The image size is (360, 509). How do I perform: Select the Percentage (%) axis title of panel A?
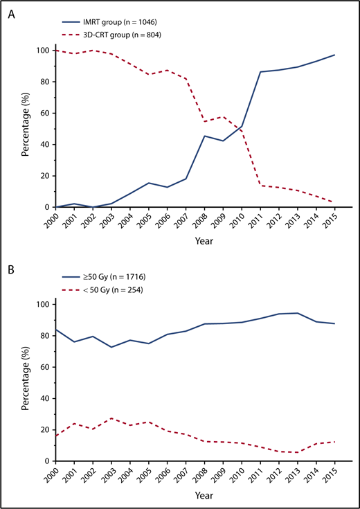coord(25,129)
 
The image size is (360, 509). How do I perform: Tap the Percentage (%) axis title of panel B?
coord(25,383)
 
